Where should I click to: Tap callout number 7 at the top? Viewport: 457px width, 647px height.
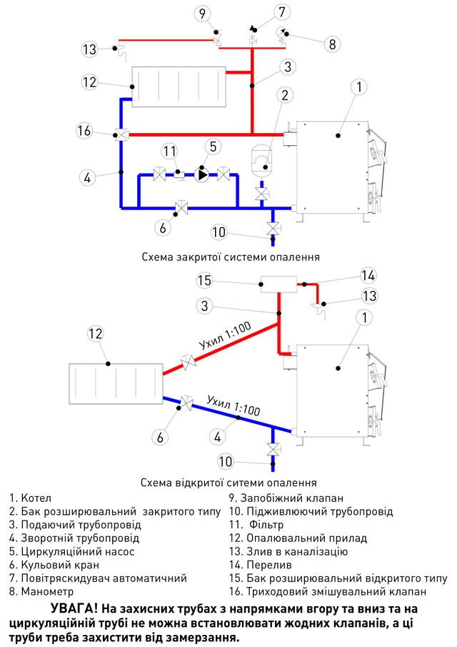282,11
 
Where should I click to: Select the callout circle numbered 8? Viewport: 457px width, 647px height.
331,43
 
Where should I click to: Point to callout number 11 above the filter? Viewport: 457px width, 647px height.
169,151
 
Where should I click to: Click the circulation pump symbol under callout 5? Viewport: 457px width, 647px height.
203,174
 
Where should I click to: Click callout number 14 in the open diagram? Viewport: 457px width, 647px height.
368,275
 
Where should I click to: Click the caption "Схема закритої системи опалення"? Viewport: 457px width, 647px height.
230,256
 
